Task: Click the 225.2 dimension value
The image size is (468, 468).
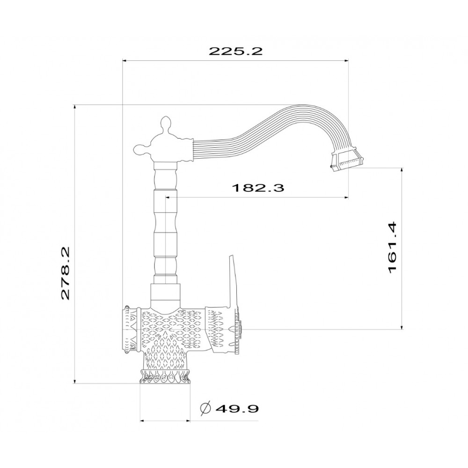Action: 235,51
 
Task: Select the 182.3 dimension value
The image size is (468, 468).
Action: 258,188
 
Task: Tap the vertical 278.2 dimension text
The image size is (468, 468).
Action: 65,273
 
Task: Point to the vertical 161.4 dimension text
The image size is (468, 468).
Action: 393,248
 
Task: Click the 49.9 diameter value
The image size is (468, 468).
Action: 237,408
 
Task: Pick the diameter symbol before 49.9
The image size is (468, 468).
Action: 205,408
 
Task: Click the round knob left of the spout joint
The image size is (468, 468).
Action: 141,149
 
